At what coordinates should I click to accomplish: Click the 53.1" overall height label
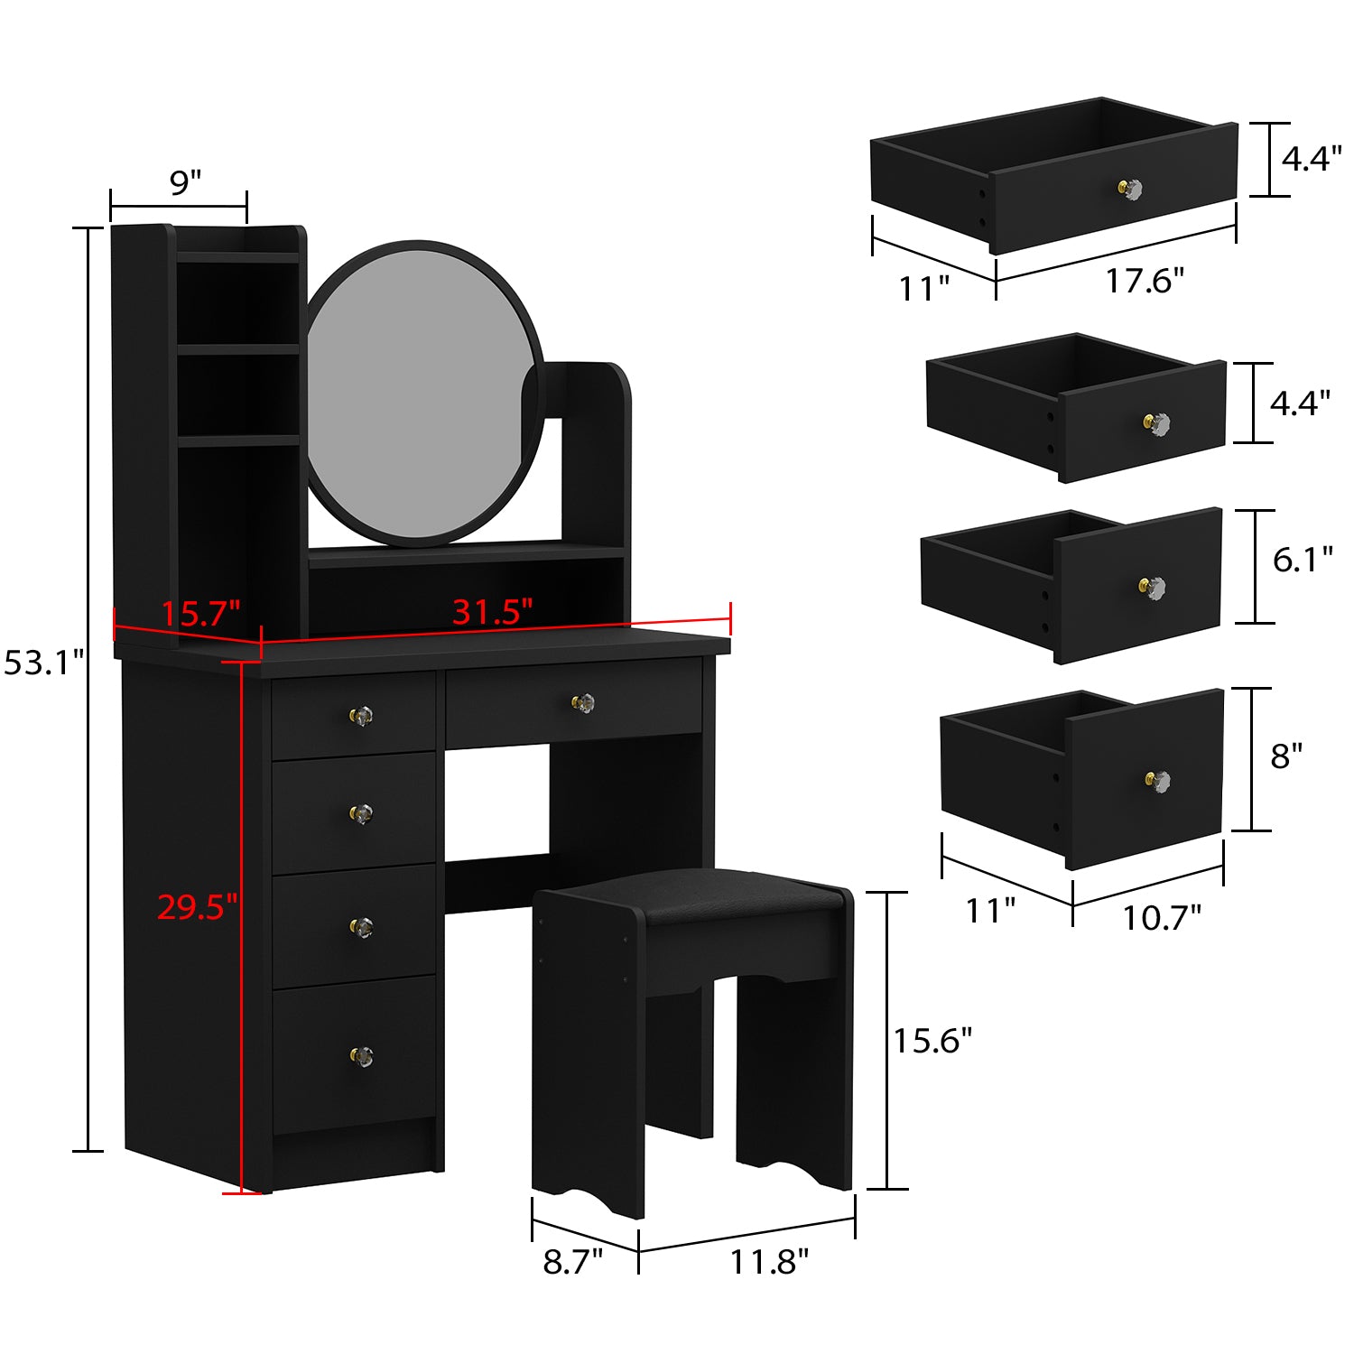pyautogui.click(x=43, y=663)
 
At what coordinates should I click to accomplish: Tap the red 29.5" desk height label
pyautogui.click(x=197, y=906)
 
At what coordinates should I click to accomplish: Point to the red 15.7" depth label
pyautogui.click(x=200, y=614)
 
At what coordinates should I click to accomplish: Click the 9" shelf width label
pyautogui.click(x=185, y=182)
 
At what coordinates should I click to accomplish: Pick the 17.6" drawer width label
pyautogui.click(x=1145, y=281)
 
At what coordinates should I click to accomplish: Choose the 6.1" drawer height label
pyautogui.click(x=1302, y=560)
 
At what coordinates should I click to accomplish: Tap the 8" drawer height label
pyautogui.click(x=1286, y=756)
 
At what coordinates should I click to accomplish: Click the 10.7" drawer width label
pyautogui.click(x=1161, y=918)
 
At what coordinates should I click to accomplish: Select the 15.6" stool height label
pyautogui.click(x=932, y=1041)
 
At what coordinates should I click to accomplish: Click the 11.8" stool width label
pyautogui.click(x=769, y=1261)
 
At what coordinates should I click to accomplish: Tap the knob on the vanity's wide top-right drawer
pyautogui.click(x=584, y=702)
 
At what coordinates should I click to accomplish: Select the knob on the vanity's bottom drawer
pyautogui.click(x=361, y=1055)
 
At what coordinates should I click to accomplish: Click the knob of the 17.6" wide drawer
pyautogui.click(x=1131, y=190)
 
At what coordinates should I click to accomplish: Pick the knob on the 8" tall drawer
pyautogui.click(x=1158, y=780)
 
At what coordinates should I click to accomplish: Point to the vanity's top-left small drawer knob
pyautogui.click(x=361, y=716)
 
